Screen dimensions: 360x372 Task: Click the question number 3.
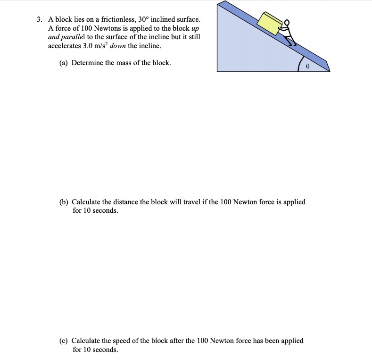(x=40, y=20)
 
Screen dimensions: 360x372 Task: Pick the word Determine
(x=87, y=62)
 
